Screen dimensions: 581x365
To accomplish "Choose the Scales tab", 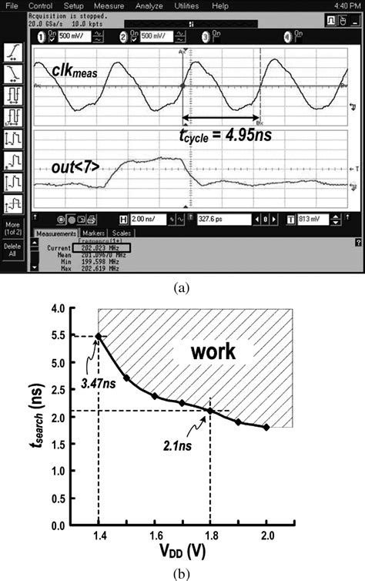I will coord(122,233).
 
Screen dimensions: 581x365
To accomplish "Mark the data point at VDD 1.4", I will coord(99,336).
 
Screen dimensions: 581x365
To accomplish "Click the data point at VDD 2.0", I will coord(266,427).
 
